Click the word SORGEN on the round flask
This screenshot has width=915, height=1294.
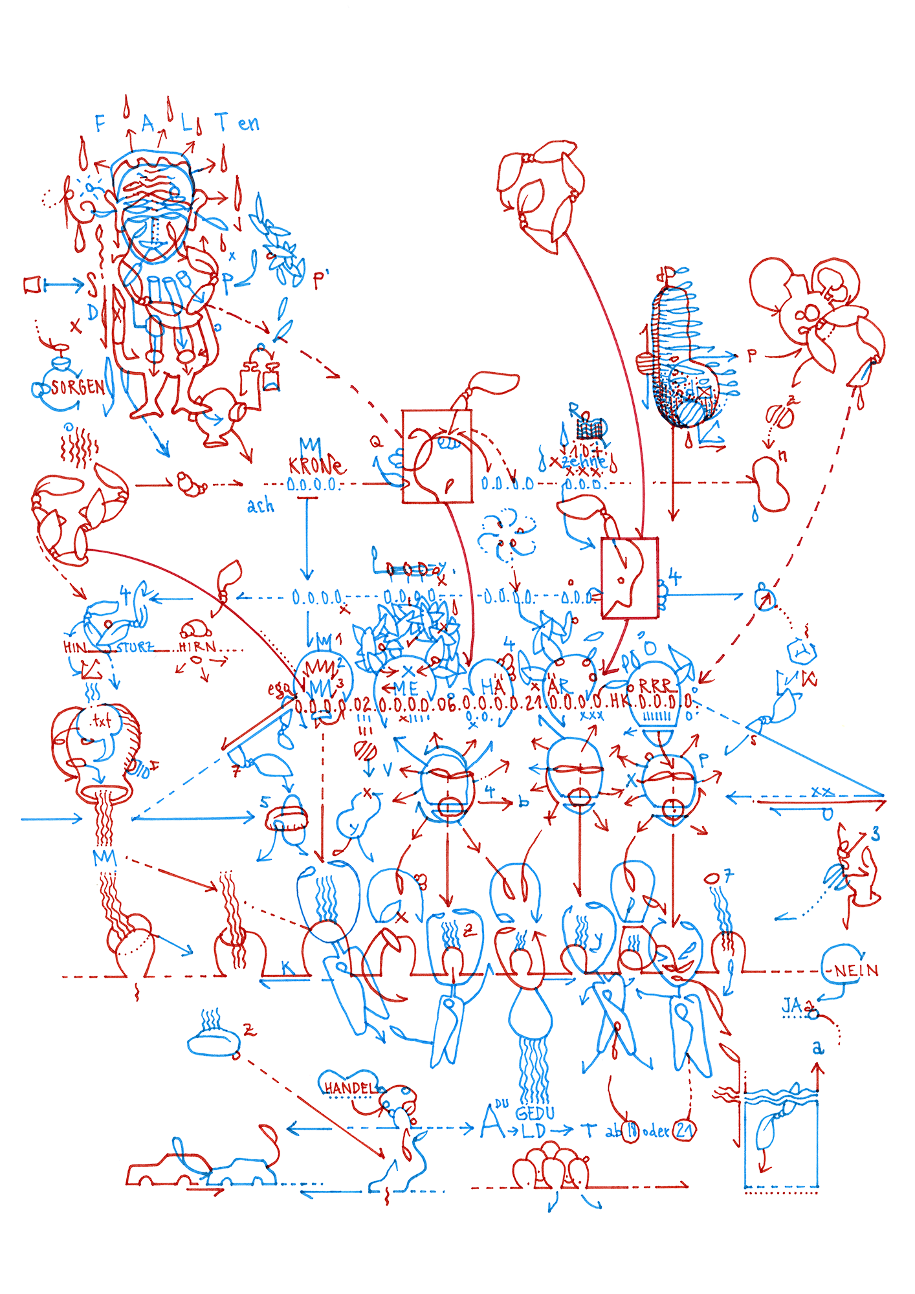pyautogui.click(x=78, y=388)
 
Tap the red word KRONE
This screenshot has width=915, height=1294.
pyautogui.click(x=316, y=466)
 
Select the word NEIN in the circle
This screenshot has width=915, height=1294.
pyautogui.click(x=856, y=971)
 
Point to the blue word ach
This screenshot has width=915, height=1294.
pyautogui.click(x=260, y=506)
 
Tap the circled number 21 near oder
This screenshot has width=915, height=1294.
pyautogui.click(x=683, y=1130)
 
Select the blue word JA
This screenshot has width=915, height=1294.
pyautogui.click(x=792, y=1005)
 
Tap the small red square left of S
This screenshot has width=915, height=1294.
pyautogui.click(x=32, y=285)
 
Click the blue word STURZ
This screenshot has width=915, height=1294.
pyautogui.click(x=135, y=647)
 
